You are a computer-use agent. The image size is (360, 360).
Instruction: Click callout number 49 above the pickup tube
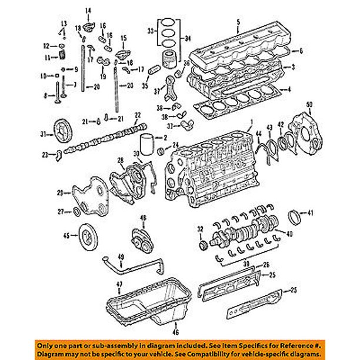(121, 256)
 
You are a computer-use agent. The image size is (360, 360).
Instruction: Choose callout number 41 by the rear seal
(311, 212)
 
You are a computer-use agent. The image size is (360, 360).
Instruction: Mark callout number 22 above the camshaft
(137, 114)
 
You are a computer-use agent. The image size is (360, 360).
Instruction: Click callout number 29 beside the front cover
(60, 192)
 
